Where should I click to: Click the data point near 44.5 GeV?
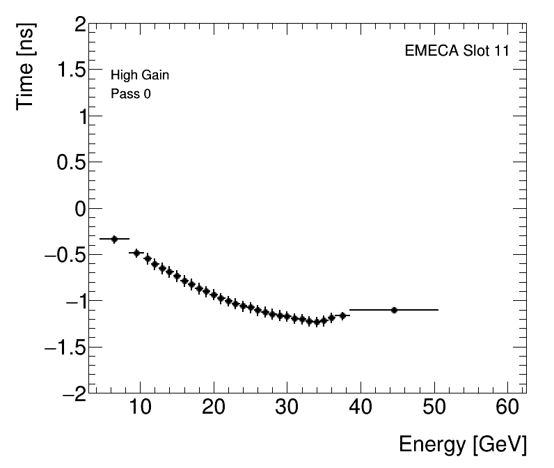click(x=394, y=310)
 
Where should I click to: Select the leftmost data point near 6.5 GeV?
click(x=115, y=239)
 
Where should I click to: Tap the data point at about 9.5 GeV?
click(x=136, y=253)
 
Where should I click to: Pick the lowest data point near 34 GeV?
click(x=317, y=322)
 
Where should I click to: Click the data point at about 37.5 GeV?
click(x=342, y=316)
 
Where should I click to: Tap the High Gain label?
click(x=140, y=75)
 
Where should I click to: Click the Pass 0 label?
click(x=131, y=93)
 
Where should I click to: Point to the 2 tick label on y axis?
click(x=79, y=26)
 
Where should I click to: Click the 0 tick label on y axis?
click(x=79, y=209)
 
